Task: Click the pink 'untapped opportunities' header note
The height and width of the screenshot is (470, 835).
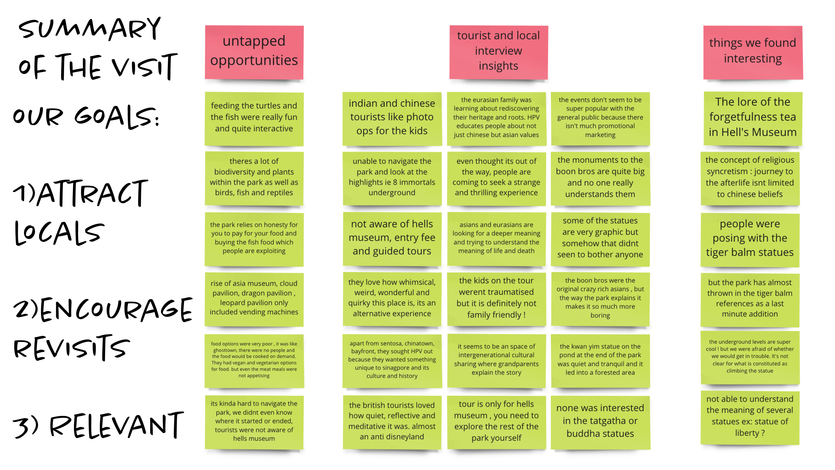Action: click(254, 52)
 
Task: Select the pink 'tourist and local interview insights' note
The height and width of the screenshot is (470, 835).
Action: click(498, 52)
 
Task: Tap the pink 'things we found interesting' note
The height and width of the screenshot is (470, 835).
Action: click(753, 52)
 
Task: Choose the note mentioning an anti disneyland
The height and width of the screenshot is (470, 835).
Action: click(392, 422)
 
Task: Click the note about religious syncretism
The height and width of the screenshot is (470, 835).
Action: click(750, 178)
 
